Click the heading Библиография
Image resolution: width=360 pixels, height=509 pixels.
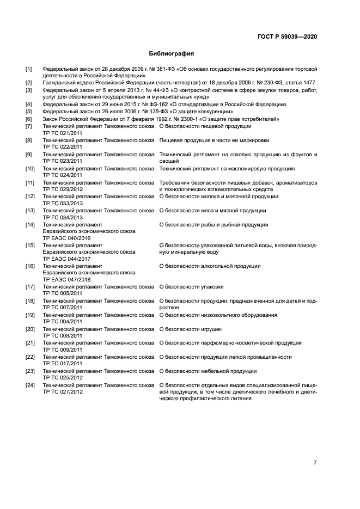(x=172, y=54)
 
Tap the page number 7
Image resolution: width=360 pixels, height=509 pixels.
(x=315, y=462)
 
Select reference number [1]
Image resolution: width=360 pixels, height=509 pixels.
(x=29, y=69)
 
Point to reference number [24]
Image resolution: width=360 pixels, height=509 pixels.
(x=30, y=385)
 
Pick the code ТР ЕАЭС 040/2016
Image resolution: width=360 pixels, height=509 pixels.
(x=66, y=238)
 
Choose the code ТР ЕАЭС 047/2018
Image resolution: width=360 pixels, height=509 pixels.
(x=66, y=280)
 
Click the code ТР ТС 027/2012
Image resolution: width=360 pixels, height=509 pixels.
(x=63, y=392)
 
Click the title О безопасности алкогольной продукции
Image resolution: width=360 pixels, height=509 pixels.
(x=210, y=266)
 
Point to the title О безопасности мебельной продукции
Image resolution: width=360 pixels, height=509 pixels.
(x=208, y=371)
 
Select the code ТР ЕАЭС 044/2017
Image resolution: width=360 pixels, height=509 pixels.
(x=66, y=259)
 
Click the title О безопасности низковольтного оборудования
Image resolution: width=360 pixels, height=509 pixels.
(x=218, y=315)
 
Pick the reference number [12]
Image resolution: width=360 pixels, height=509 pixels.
(x=30, y=196)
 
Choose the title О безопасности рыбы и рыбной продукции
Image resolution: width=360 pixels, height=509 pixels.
(x=213, y=224)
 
